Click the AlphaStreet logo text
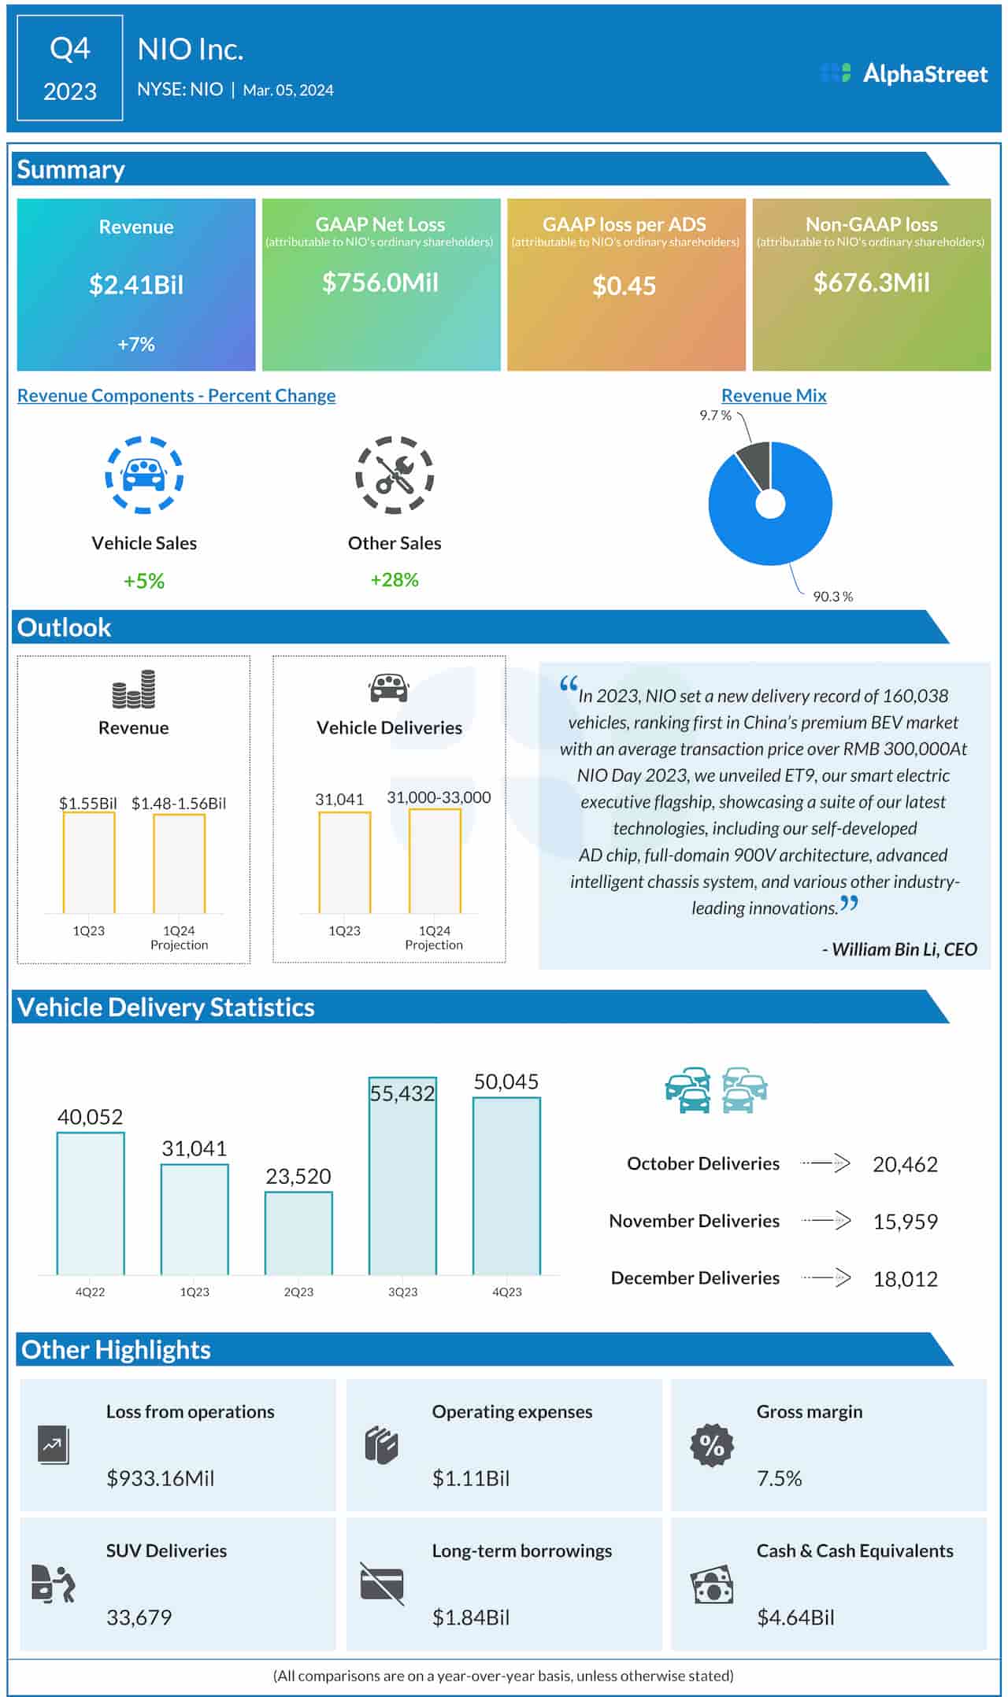click(x=925, y=74)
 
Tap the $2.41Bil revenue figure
click(x=136, y=285)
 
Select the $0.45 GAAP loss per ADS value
click(x=624, y=286)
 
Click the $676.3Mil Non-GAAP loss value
click(x=871, y=283)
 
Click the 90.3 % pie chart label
click(x=832, y=597)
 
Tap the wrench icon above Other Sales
click(x=395, y=475)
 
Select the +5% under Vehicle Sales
click(x=144, y=581)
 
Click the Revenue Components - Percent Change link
click(x=176, y=396)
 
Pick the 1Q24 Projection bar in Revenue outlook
click(x=179, y=863)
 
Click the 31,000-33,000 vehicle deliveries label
click(x=439, y=797)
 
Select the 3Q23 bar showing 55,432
click(x=402, y=1176)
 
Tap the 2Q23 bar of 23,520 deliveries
click(x=298, y=1233)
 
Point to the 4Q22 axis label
click(x=90, y=1292)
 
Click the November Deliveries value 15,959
click(x=905, y=1222)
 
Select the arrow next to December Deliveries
click(x=827, y=1277)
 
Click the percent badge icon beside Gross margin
click(x=712, y=1445)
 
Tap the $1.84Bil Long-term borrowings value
click(x=471, y=1618)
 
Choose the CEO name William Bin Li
click(x=903, y=949)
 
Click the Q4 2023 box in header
click(x=70, y=69)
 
